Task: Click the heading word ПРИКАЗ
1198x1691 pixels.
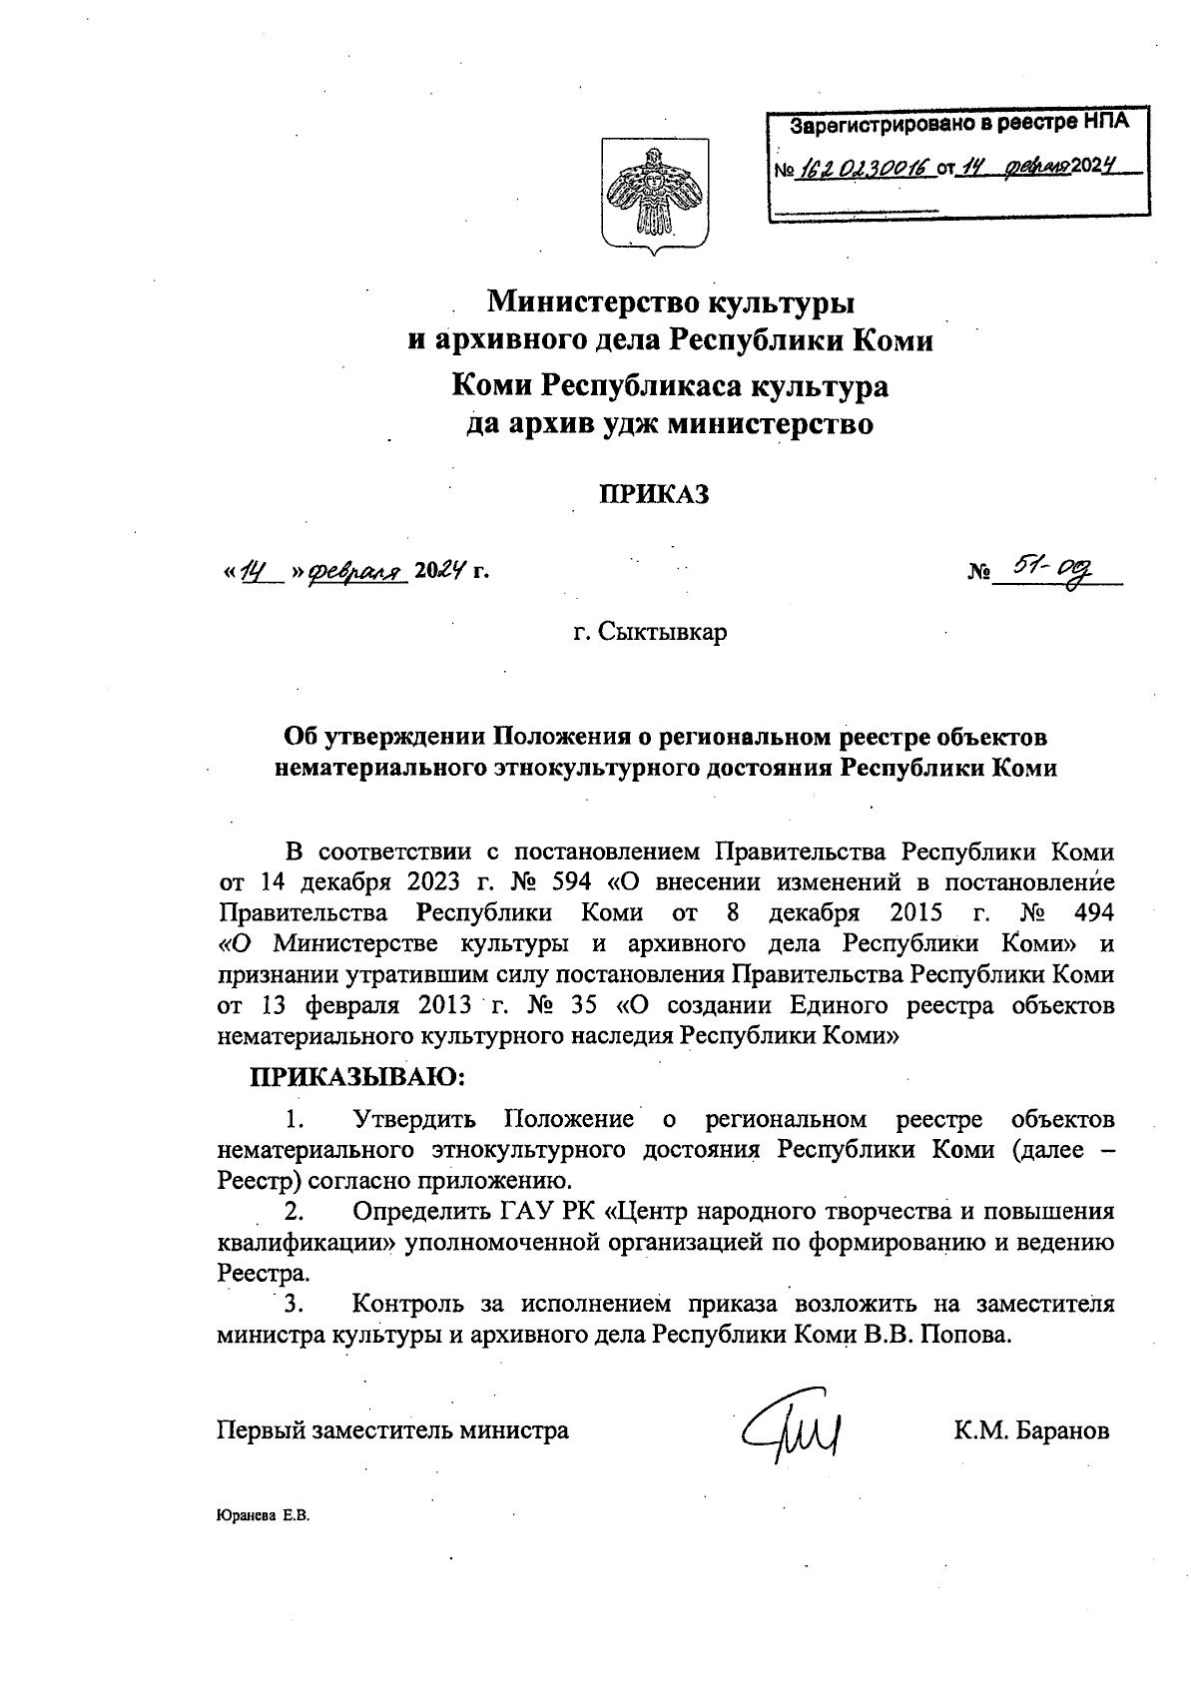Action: [x=653, y=493]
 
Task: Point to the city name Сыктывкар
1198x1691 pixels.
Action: [x=650, y=633]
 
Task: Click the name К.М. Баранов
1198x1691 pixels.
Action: [x=1031, y=1430]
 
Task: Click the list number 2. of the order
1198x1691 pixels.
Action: [x=294, y=1212]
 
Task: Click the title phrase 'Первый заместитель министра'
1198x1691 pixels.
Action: [x=393, y=1430]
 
